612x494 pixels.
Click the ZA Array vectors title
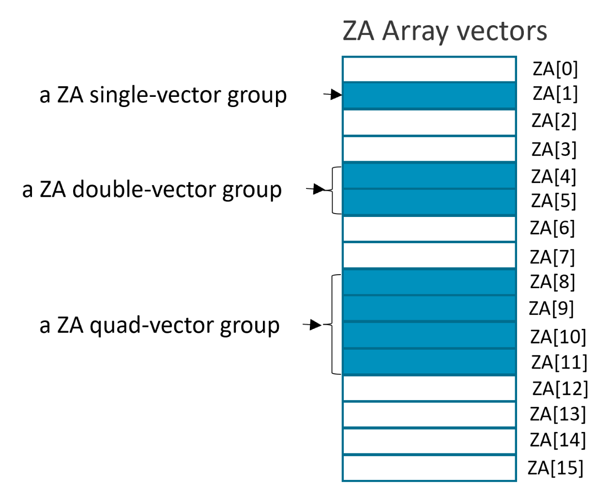[x=444, y=31]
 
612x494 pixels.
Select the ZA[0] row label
[x=555, y=69]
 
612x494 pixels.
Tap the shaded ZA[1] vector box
[x=429, y=95]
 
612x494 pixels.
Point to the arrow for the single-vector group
[x=333, y=94]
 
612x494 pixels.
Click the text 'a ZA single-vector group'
[x=163, y=95]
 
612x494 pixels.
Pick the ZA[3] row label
[x=554, y=149]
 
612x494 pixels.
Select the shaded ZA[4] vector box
[x=429, y=175]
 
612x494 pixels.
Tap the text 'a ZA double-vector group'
[x=152, y=190]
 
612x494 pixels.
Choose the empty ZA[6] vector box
[x=429, y=229]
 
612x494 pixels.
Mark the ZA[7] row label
[x=552, y=257]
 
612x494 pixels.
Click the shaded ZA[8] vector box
[x=429, y=282]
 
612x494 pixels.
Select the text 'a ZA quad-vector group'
[x=159, y=325]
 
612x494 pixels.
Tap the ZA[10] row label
[x=558, y=337]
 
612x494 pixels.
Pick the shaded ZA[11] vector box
[x=429, y=362]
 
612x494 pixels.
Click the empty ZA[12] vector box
[x=429, y=388]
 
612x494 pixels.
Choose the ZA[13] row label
[x=558, y=414]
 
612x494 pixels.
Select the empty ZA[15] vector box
[x=429, y=468]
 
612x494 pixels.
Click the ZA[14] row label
[x=558, y=440]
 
